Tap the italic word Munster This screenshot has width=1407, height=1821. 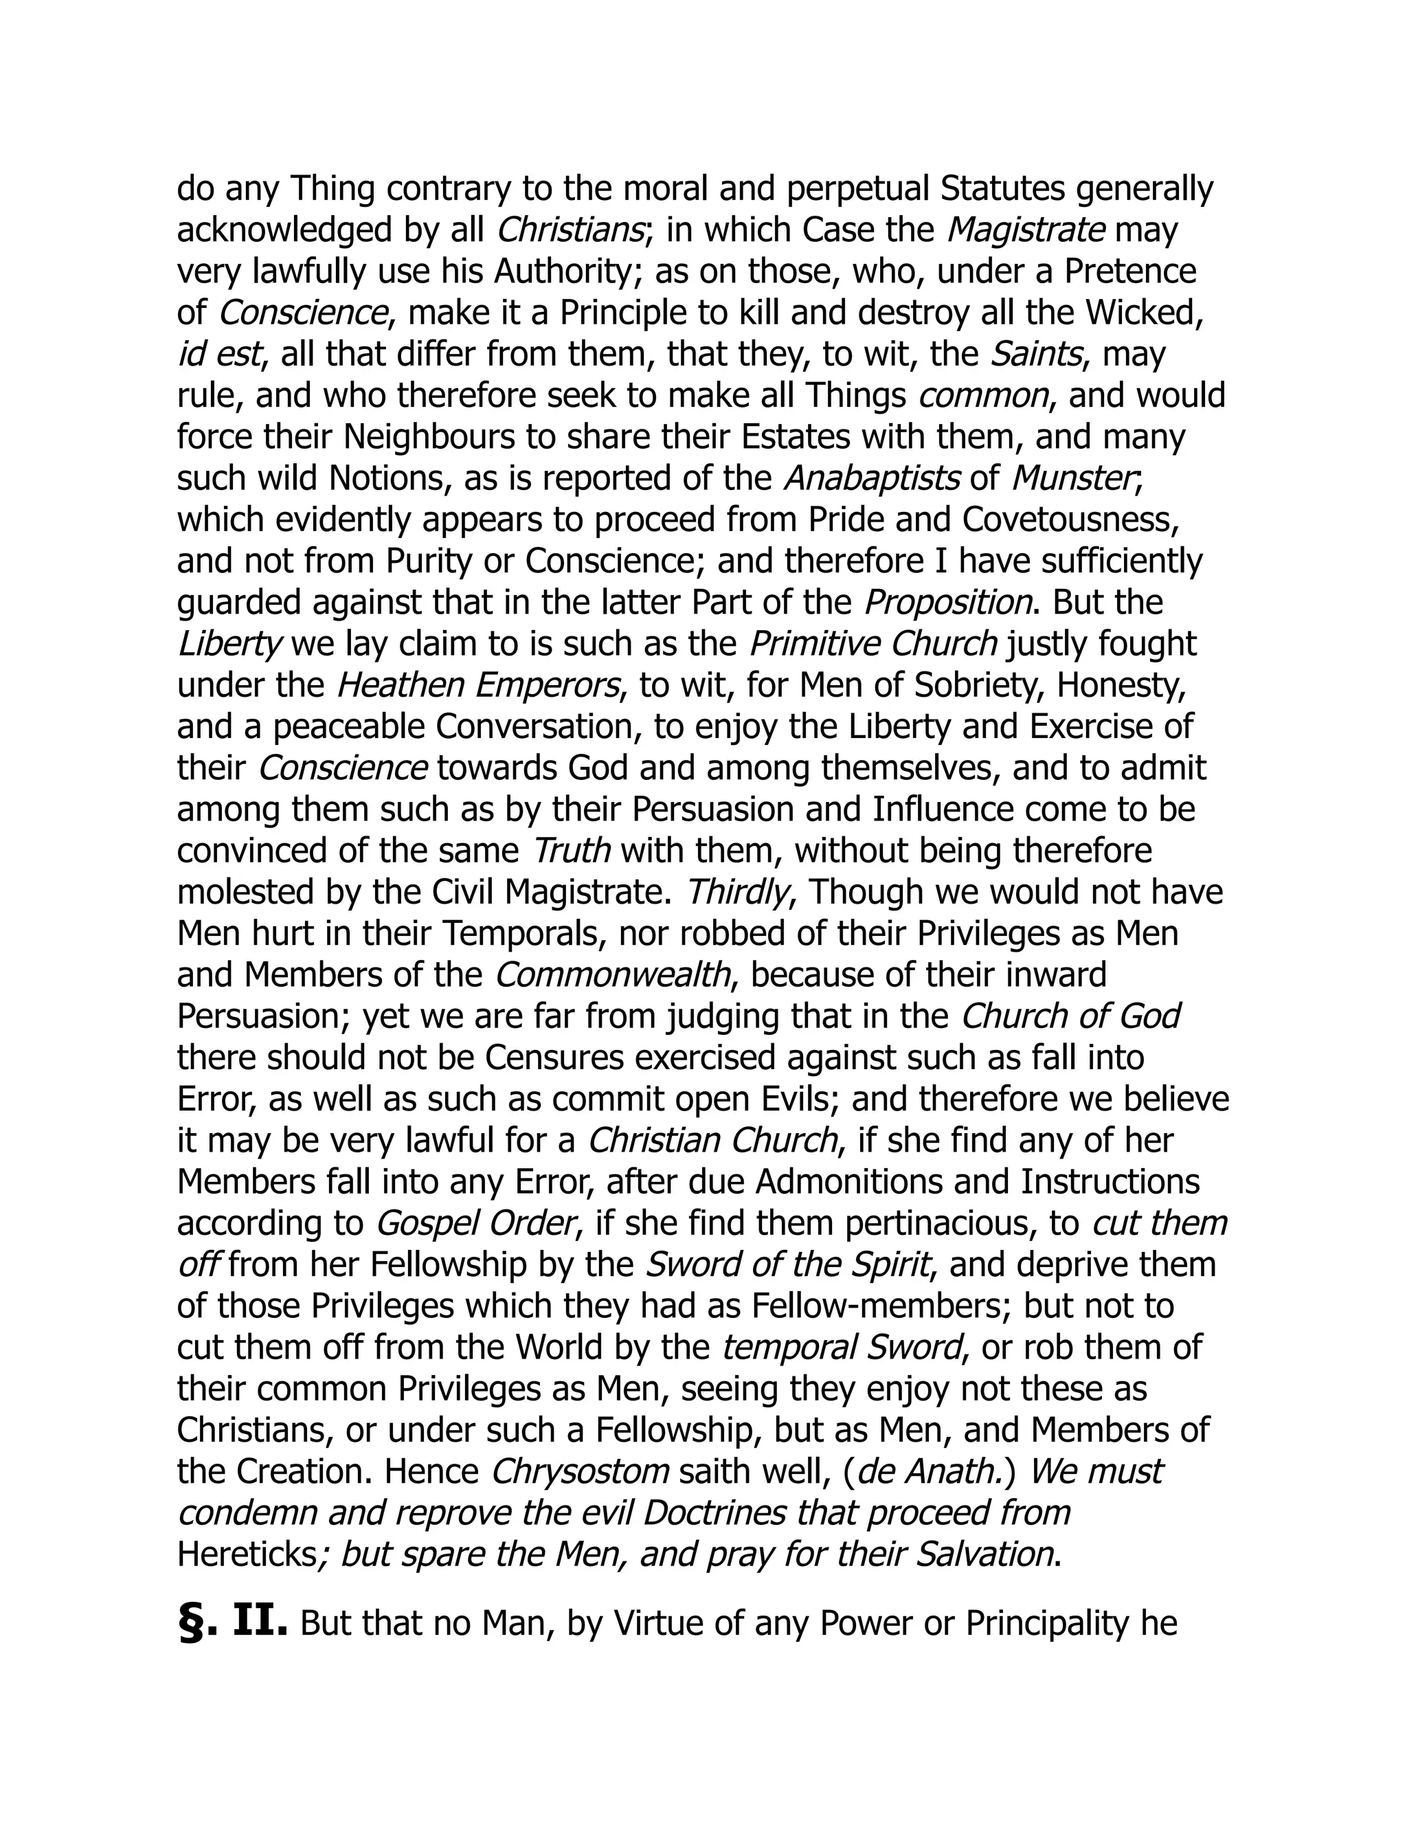point(1072,478)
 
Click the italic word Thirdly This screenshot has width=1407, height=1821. point(737,892)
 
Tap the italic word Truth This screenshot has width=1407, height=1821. point(572,851)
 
